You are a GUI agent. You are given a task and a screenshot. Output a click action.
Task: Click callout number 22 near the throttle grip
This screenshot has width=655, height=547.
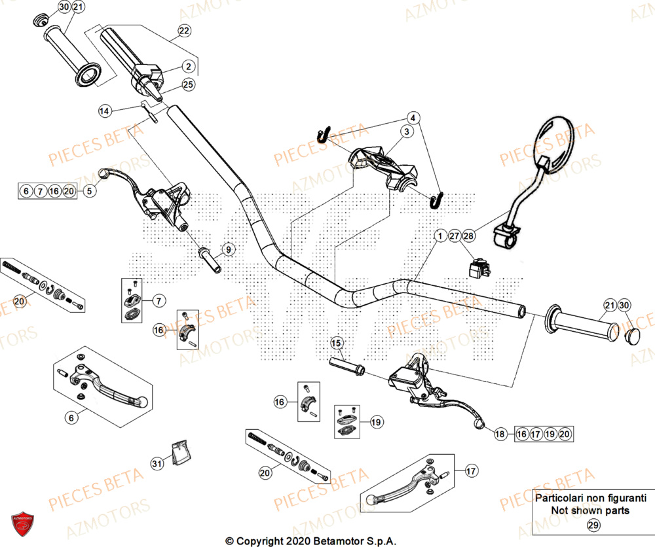coord(183,31)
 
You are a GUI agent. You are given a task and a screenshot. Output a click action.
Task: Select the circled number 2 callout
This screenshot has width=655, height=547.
coord(188,66)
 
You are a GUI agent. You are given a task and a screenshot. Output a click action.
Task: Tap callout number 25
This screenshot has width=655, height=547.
coord(188,85)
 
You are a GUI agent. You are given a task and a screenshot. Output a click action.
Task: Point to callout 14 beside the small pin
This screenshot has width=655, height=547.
coord(105,111)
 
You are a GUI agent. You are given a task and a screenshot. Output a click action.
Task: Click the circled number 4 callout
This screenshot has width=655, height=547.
coord(413,118)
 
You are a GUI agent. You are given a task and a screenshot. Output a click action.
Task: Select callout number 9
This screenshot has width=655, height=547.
coord(227,249)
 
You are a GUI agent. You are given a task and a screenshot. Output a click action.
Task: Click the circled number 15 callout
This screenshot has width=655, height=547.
coord(337,344)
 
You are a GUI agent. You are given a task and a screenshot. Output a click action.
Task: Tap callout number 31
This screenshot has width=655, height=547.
coord(157,464)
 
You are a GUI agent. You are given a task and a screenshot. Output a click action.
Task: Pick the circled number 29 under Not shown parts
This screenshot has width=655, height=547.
coord(593,525)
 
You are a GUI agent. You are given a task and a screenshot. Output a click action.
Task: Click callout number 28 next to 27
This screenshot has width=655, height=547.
coord(468,236)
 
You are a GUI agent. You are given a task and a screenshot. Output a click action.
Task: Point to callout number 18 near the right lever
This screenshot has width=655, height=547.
coord(500,433)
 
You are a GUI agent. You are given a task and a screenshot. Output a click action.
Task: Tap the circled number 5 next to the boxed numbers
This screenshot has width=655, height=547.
coord(90,191)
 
